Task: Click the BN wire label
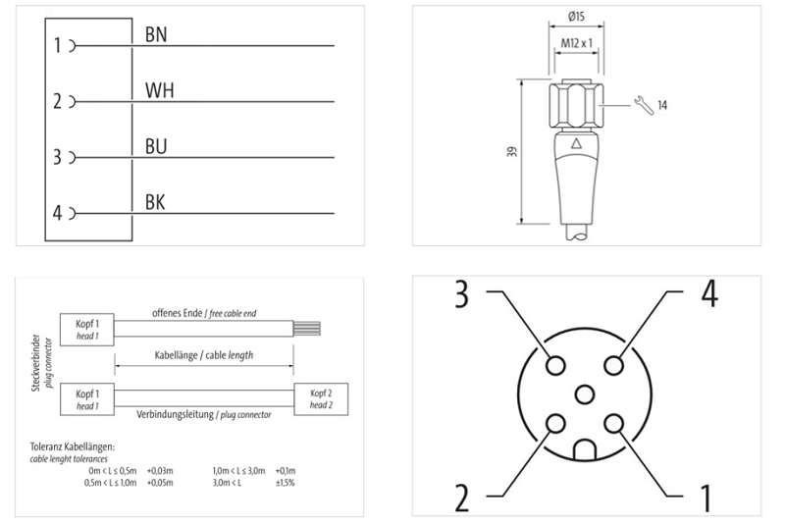[x=156, y=34]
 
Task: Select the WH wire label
[x=160, y=90]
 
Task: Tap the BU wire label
[x=156, y=146]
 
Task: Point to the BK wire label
[x=155, y=203]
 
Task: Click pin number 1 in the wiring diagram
[x=59, y=45]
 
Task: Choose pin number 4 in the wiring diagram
[x=58, y=213]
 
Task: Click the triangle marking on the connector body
[x=576, y=143]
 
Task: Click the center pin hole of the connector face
[x=585, y=393]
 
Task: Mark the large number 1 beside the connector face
[x=704, y=497]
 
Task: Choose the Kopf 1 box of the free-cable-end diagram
[x=87, y=328]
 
